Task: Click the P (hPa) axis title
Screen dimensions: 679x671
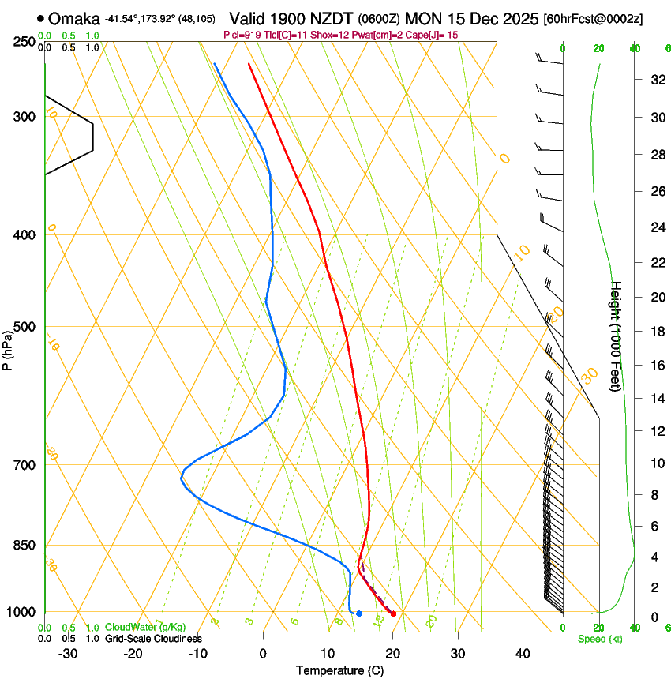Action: click(x=7, y=348)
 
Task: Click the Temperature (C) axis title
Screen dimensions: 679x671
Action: click(x=339, y=670)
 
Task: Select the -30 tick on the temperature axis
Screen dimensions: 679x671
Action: click(x=68, y=654)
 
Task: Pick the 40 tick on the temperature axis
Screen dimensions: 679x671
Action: click(x=523, y=654)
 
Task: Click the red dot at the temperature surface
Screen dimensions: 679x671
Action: click(x=393, y=613)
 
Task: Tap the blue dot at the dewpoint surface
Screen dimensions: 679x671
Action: click(x=359, y=613)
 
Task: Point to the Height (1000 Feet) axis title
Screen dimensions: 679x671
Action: click(x=617, y=336)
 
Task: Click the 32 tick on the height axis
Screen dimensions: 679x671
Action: click(x=655, y=80)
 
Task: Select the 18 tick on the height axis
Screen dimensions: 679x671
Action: click(x=655, y=332)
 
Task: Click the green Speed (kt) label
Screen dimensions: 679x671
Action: click(x=599, y=639)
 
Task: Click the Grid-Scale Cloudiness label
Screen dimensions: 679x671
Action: click(x=153, y=639)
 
